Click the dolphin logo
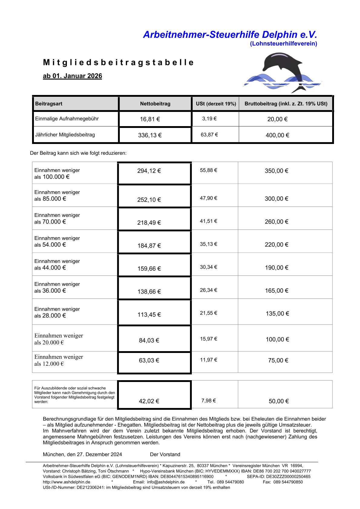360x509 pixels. (283, 73)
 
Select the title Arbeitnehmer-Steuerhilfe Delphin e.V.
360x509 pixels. (230, 35)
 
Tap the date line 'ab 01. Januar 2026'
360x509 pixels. (72, 76)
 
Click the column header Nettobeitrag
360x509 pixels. (155, 104)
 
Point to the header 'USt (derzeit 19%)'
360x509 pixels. (216, 104)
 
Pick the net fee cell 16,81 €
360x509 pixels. (150, 119)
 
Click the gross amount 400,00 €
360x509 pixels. (277, 135)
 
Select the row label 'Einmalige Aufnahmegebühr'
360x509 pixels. (67, 119)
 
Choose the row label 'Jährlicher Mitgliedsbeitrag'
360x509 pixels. (65, 135)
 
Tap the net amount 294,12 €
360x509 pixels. (149, 171)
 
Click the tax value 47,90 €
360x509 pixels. (208, 198)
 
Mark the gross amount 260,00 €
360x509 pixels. (277, 222)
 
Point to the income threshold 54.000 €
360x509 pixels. (54, 245)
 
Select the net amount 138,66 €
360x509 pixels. (149, 292)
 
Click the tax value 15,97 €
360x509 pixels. (208, 339)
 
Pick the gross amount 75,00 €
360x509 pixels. (278, 360)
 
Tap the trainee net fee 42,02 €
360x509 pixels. (149, 401)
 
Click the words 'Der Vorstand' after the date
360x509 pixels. (165, 454)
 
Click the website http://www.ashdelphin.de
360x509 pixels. (67, 482)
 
